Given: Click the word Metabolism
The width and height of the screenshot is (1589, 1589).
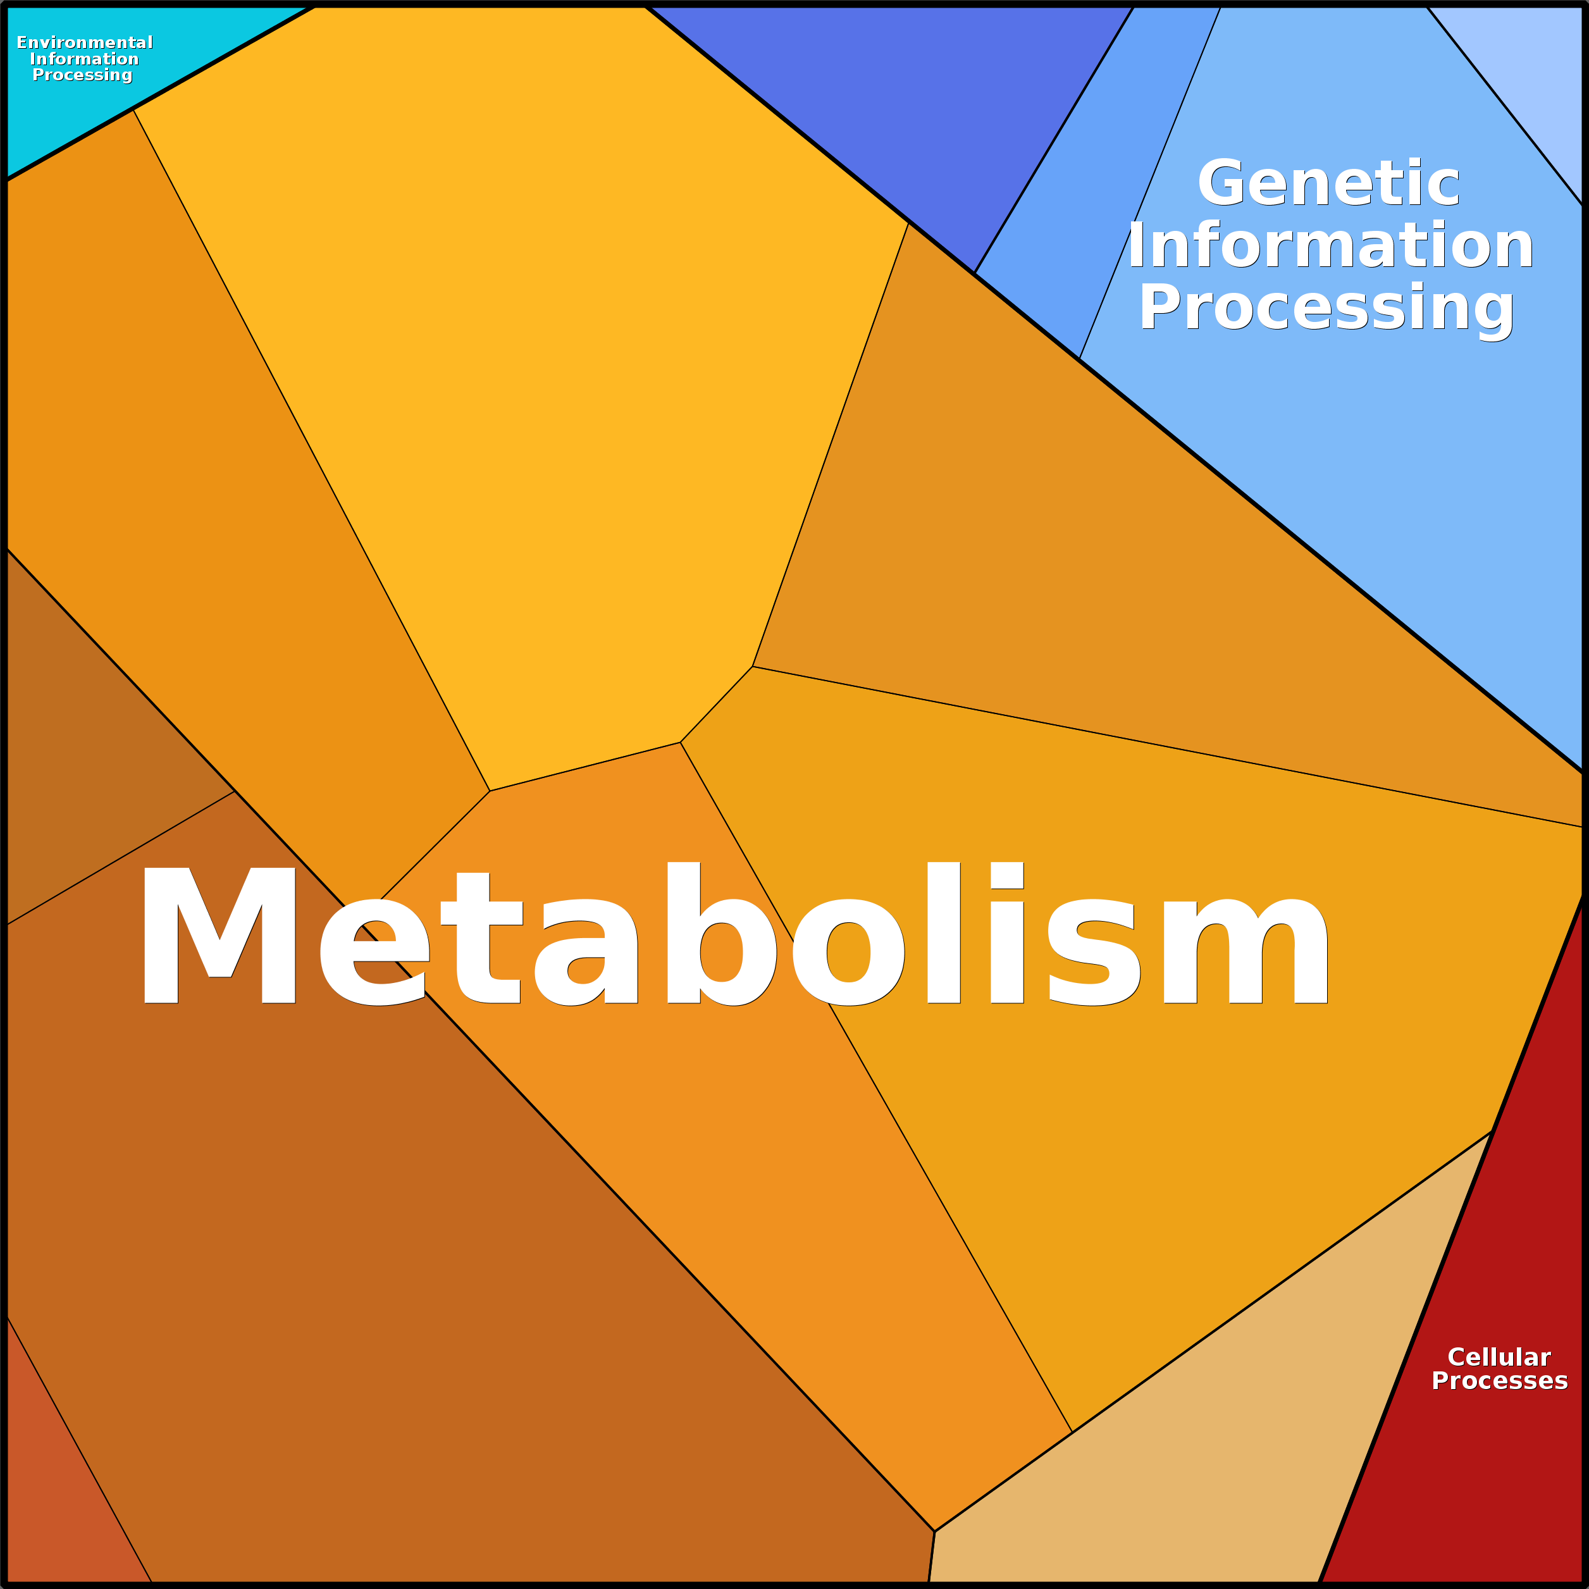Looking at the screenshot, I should pyautogui.click(x=732, y=937).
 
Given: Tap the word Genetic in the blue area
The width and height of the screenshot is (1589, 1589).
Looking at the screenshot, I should pyautogui.click(x=1328, y=183).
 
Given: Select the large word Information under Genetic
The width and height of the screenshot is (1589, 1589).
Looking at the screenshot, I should pyautogui.click(x=1330, y=246).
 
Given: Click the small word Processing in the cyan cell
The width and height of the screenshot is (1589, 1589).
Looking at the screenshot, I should pyautogui.click(x=82, y=75).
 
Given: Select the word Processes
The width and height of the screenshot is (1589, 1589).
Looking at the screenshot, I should pyautogui.click(x=1499, y=1381).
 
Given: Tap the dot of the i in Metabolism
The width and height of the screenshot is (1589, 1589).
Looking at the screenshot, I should pyautogui.click(x=1006, y=875).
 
